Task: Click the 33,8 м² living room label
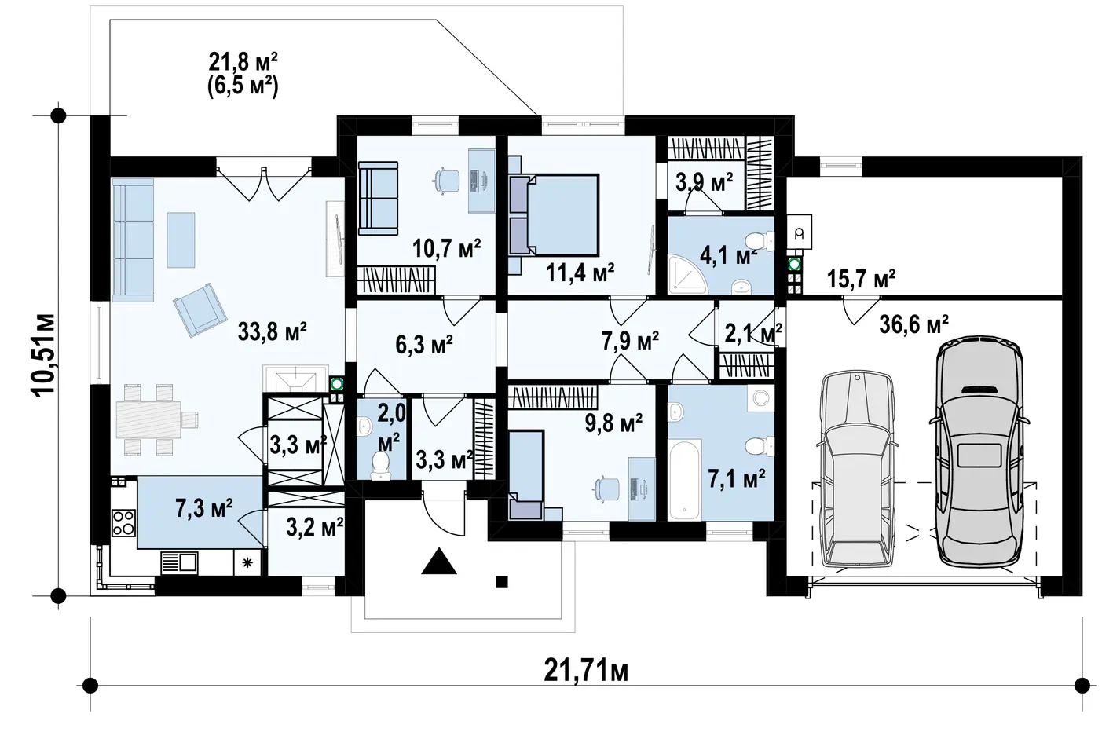tap(272, 331)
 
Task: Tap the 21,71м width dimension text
tap(586, 671)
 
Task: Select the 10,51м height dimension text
tap(43, 353)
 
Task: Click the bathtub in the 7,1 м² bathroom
tap(684, 480)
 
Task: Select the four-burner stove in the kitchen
tap(124, 523)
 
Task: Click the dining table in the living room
tap(148, 419)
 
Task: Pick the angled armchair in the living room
tap(200, 310)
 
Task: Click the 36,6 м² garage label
tap(913, 324)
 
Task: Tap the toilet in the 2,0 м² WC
tap(380, 465)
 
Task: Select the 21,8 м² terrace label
tap(243, 63)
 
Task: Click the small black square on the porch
tap(501, 582)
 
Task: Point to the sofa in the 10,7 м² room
tap(377, 199)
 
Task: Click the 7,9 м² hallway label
tap(630, 341)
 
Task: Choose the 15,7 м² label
tap(861, 279)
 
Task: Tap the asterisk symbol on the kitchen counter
tap(247, 562)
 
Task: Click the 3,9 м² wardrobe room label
tap(704, 182)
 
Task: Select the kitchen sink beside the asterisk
tap(180, 562)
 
